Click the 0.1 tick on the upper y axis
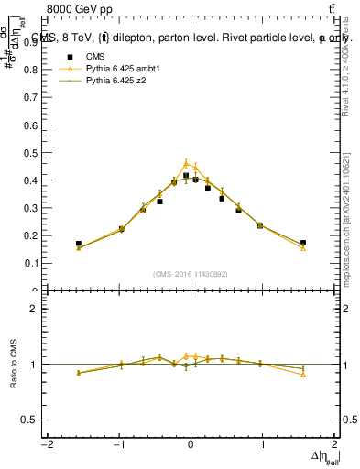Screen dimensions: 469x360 tap(33, 263)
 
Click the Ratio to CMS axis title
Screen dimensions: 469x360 tap(12, 365)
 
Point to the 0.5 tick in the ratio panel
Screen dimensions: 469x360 tap(33, 420)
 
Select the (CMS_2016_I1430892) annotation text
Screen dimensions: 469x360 tap(191, 274)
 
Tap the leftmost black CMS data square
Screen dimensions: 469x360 tap(79, 244)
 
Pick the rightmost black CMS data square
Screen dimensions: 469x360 tap(303, 243)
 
